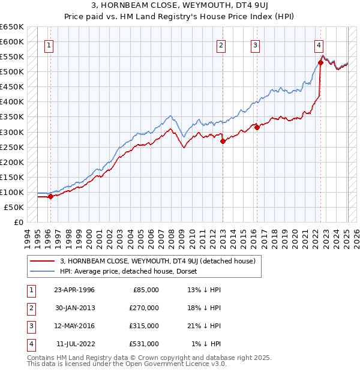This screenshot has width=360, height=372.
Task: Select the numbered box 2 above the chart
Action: click(x=221, y=45)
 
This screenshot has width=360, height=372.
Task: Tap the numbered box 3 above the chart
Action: click(x=255, y=45)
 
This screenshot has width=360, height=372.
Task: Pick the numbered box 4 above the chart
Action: click(x=319, y=45)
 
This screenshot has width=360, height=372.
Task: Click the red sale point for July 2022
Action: click(x=320, y=62)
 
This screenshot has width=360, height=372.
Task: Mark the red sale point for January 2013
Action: click(x=223, y=141)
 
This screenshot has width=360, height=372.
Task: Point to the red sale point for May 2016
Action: click(x=257, y=127)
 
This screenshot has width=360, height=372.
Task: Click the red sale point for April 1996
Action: click(x=50, y=196)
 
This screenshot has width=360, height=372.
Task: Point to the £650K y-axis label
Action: click(x=12, y=27)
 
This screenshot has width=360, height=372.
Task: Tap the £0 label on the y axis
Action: click(x=18, y=222)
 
